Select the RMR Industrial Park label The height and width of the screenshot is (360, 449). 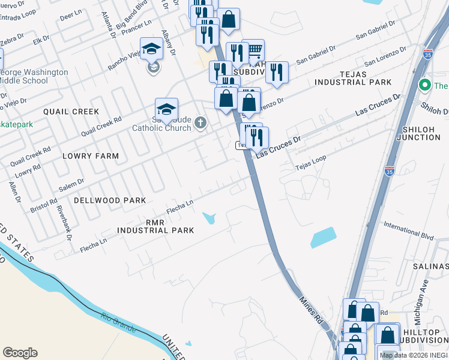click(x=155, y=226)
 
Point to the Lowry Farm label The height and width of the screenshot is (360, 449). click(x=91, y=156)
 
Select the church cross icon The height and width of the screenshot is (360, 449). click(x=201, y=124)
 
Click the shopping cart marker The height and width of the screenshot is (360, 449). click(x=255, y=49)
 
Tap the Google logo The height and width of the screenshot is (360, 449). click(x=20, y=353)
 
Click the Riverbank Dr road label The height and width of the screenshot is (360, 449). click(x=64, y=223)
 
